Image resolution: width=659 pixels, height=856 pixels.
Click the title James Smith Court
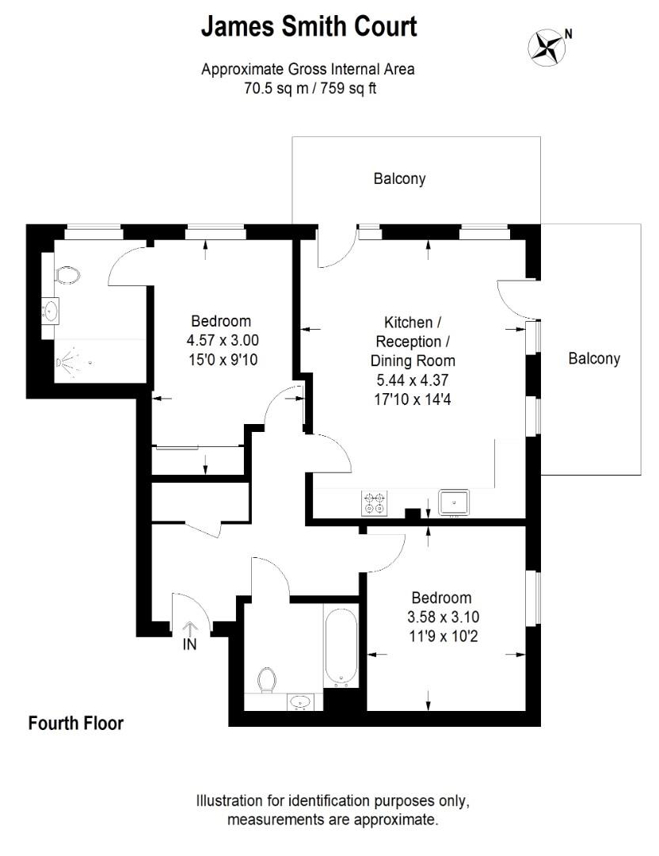[x=308, y=26]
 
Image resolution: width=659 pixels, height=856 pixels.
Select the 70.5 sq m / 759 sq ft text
[x=308, y=89]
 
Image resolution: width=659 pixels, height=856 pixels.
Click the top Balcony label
[x=399, y=178]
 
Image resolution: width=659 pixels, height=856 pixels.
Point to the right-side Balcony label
[x=594, y=358]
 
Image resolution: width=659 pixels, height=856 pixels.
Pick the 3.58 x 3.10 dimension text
[x=441, y=617]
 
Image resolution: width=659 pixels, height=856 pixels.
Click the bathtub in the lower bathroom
[x=341, y=646]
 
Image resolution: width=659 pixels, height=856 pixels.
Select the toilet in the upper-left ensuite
[x=69, y=275]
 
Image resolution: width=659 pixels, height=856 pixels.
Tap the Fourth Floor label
[x=76, y=723]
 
